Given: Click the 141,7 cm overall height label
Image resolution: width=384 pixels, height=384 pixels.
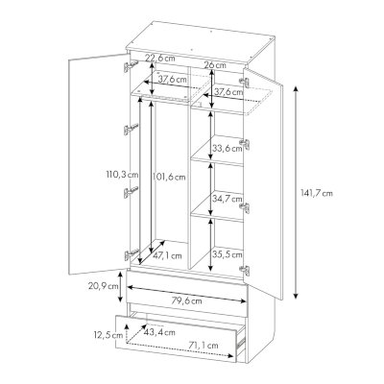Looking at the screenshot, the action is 317,193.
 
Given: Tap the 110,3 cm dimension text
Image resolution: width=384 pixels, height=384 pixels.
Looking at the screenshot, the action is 122,175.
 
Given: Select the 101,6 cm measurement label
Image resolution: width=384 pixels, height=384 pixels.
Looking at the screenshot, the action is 169,177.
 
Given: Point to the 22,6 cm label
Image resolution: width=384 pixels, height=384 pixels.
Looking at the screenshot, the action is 160,59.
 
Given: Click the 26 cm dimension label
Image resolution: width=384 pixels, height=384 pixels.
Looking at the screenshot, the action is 215,65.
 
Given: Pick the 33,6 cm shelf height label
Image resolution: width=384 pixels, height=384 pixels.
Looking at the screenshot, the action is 228,148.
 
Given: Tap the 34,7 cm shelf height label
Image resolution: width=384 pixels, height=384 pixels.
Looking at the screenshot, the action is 228,199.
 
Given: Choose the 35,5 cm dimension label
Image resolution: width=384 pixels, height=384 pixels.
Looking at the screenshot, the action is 228,254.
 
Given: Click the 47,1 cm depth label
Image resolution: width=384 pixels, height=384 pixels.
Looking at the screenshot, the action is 167,255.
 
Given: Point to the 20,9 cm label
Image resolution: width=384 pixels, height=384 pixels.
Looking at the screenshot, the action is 104,286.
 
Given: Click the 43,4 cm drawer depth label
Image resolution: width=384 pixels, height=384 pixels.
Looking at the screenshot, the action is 159,332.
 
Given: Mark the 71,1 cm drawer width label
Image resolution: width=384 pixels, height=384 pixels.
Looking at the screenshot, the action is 203,346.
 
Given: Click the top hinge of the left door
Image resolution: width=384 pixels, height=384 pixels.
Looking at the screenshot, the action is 131,66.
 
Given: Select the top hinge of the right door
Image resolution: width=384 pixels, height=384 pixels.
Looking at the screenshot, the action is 244,81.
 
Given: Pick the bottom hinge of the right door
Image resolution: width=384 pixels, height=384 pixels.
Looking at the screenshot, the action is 245,270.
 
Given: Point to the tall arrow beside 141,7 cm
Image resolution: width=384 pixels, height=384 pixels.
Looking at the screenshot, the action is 296,193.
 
